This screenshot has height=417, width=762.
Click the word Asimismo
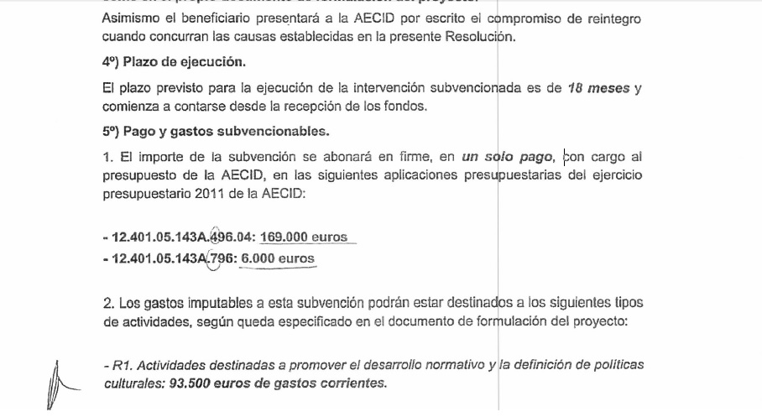click(x=128, y=18)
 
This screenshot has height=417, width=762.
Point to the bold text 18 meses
click(x=598, y=89)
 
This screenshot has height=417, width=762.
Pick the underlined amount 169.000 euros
click(x=304, y=237)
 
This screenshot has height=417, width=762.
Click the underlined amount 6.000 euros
click(x=278, y=258)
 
